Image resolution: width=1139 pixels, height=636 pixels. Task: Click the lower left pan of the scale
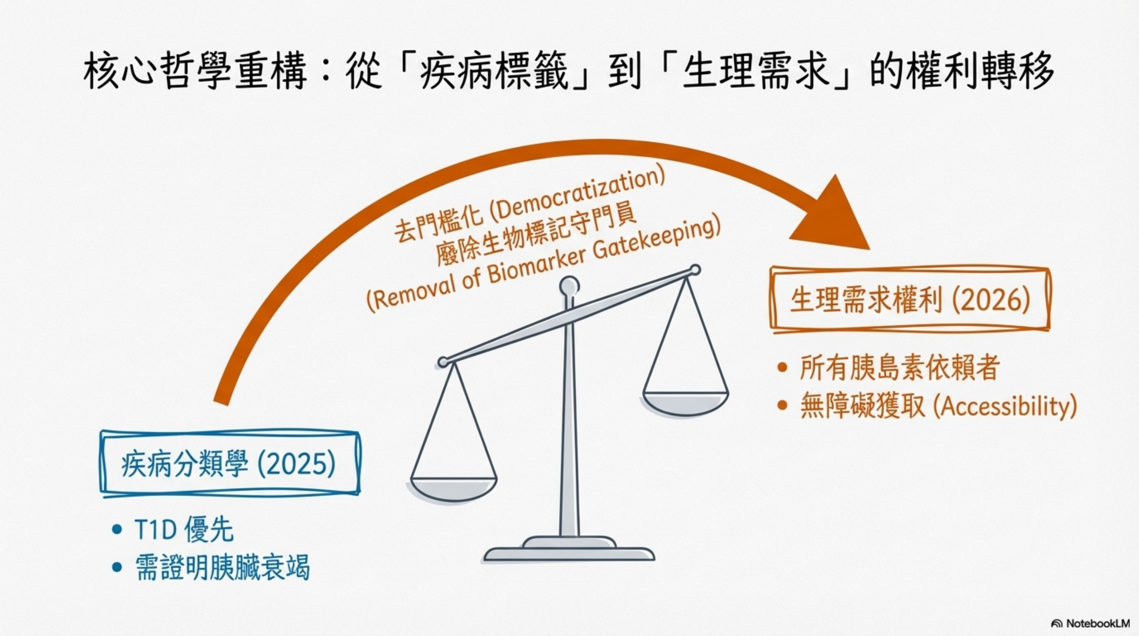pyautogui.click(x=454, y=489)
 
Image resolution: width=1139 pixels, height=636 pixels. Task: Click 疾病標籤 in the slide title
pyautogui.click(x=493, y=72)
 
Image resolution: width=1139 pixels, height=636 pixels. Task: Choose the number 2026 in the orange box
pyautogui.click(x=991, y=300)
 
